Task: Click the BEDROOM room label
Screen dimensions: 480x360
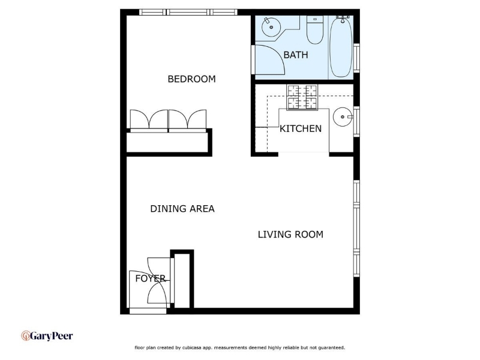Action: [x=191, y=79]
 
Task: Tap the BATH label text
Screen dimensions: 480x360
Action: [x=296, y=55]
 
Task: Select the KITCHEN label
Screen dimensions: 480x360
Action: [x=301, y=128]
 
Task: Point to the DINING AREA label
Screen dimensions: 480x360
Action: [x=182, y=209]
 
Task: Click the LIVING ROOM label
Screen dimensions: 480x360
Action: [x=290, y=235]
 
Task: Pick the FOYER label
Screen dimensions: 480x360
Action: [x=151, y=278]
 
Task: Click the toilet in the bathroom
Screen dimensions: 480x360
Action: [x=314, y=30]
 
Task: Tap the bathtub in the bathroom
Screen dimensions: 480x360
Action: [x=340, y=47]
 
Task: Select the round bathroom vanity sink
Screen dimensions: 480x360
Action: [x=271, y=27]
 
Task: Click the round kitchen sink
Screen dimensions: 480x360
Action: [x=343, y=116]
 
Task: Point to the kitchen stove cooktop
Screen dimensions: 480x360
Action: [x=302, y=97]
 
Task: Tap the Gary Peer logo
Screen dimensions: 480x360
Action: [x=47, y=336]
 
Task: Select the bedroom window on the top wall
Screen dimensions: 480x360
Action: [x=188, y=12]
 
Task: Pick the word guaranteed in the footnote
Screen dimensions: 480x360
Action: [x=332, y=348]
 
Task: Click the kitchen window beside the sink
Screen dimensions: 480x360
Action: [x=356, y=122]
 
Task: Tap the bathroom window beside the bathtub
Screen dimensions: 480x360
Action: [x=356, y=58]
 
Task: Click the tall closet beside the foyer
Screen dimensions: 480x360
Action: [x=182, y=280]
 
